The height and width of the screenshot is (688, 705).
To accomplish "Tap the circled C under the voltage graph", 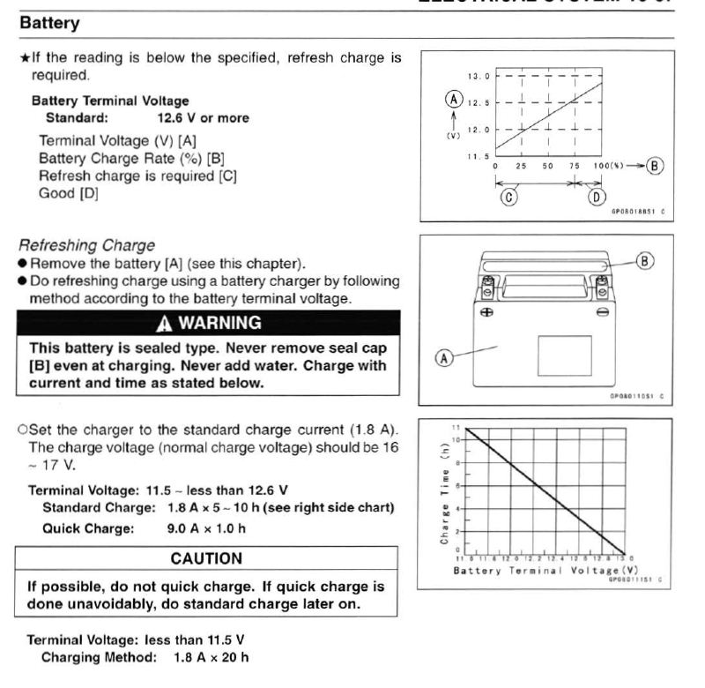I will coord(508,197).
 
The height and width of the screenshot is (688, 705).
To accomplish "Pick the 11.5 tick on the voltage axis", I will coord(478,156).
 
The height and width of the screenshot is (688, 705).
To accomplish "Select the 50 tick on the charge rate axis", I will coord(549,166).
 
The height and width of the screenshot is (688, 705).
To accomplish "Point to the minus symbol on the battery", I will coord(601,311).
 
